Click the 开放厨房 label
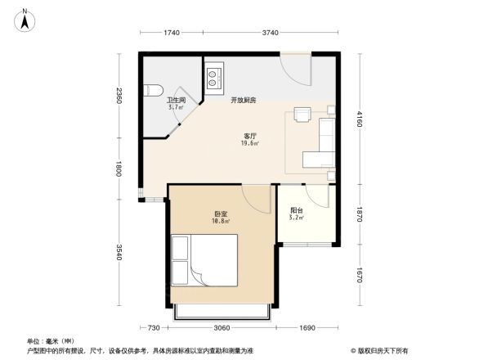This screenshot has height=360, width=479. (x=243, y=100)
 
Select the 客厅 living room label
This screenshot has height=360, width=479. (x=250, y=136)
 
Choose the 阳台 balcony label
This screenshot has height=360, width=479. (x=297, y=209)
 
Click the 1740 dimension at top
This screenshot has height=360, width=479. (x=171, y=32)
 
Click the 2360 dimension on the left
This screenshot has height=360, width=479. (x=119, y=97)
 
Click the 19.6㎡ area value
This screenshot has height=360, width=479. (x=250, y=143)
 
